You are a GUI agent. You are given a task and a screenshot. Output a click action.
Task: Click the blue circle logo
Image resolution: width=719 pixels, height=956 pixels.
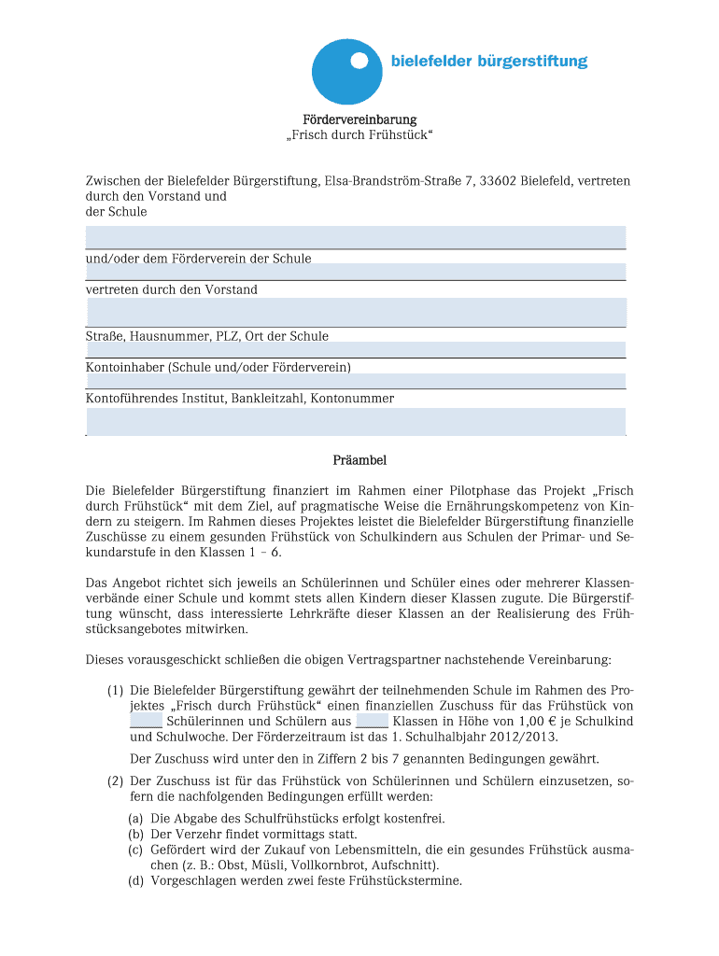(346, 72)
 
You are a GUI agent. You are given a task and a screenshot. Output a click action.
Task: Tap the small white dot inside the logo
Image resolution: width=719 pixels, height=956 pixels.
(359, 63)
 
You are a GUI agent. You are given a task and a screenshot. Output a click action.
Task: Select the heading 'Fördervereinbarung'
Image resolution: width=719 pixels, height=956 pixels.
(359, 119)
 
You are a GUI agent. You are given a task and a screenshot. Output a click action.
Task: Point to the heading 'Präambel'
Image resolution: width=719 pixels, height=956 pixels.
(359, 460)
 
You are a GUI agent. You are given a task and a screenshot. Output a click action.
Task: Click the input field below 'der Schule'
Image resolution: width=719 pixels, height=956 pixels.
(356, 236)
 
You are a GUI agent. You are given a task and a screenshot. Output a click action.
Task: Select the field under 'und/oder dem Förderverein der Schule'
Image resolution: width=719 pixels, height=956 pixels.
(356, 272)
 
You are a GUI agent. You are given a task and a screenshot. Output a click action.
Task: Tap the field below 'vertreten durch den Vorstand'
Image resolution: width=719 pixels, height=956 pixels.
(356, 312)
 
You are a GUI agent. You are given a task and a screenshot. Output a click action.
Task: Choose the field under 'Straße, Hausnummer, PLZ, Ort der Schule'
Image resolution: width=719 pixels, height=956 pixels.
(356, 350)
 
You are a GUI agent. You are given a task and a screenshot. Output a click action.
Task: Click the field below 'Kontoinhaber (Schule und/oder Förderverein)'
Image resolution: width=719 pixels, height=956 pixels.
(356, 381)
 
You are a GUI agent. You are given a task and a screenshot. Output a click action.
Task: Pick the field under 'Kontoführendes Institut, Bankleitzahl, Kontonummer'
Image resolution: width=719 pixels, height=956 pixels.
(356, 421)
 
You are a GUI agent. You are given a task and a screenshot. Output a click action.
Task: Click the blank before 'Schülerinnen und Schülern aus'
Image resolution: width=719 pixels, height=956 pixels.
(146, 723)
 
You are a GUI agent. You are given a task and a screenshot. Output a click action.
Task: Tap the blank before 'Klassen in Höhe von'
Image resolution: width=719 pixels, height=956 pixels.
(372, 723)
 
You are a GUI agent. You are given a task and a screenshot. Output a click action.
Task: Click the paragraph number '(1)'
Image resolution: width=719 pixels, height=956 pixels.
(115, 690)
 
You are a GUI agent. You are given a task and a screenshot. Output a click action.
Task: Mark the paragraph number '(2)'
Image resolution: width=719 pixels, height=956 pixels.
(115, 780)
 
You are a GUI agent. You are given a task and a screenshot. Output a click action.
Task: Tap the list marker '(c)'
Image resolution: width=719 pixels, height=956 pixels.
(136, 850)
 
